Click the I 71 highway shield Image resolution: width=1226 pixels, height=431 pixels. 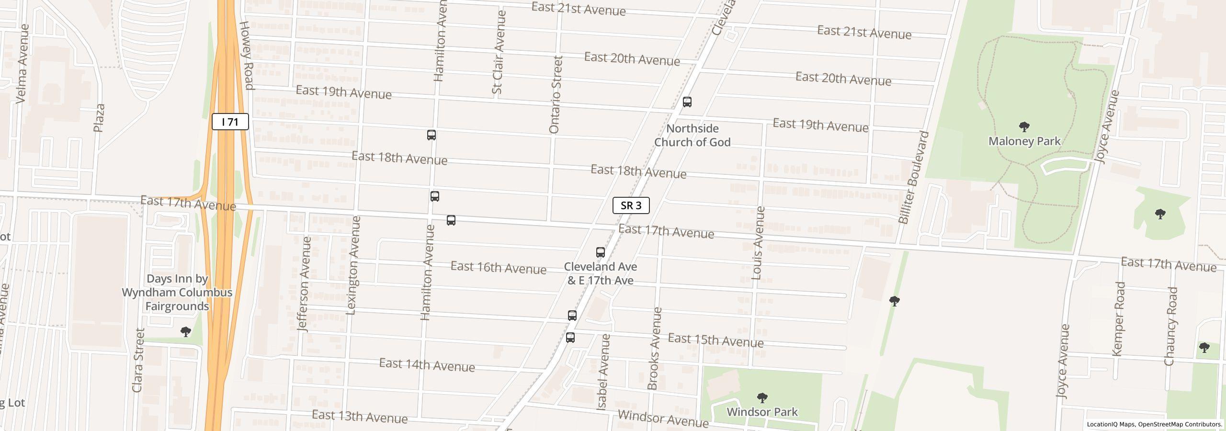point(230,122)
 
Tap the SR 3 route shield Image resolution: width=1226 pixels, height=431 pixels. point(631,205)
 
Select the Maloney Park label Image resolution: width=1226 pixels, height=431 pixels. point(1024,141)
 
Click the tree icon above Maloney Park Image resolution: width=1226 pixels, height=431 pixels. point(1024,127)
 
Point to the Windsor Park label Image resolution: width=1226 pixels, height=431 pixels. point(762,412)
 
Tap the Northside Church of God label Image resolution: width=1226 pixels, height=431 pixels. point(692,136)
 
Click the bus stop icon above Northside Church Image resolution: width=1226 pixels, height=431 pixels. point(687,102)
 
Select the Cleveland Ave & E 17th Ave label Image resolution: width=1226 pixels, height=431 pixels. point(601,273)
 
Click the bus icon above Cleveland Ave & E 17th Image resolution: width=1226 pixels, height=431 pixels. point(600,252)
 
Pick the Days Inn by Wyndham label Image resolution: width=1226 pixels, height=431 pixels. point(177,292)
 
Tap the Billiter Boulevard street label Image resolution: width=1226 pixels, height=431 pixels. point(914,177)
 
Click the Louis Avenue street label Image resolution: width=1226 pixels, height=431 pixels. point(758,243)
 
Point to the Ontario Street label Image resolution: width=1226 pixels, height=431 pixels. point(555,95)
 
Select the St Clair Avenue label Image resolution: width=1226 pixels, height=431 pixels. point(499,52)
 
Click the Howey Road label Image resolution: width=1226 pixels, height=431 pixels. point(246,56)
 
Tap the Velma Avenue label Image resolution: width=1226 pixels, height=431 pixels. point(23,64)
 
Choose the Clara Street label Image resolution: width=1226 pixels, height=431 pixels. point(138,360)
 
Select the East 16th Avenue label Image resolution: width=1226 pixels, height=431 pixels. point(498,268)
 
